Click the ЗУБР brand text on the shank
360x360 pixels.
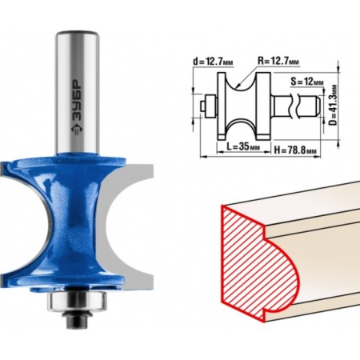coord(78,99)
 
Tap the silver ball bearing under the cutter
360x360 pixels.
coord(78,302)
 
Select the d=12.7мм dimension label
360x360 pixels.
coord(213,62)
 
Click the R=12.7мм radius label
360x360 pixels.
coord(278,61)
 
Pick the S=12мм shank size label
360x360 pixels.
coord(307,82)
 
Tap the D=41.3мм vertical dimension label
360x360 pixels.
coord(333,105)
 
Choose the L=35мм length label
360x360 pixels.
coord(242,146)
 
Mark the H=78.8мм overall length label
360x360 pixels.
coord(296,150)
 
